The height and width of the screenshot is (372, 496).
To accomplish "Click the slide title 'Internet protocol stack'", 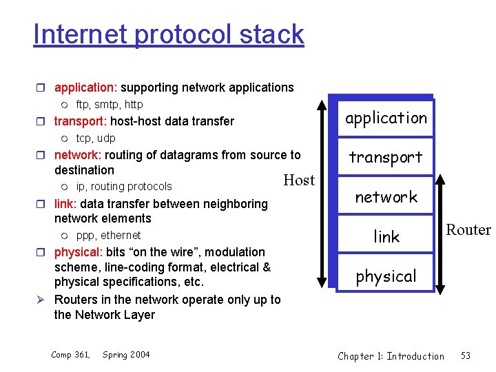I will click(x=168, y=34).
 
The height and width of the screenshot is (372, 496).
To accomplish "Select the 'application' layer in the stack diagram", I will click(x=386, y=118).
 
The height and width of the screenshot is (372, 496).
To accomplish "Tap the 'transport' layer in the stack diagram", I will click(x=386, y=157).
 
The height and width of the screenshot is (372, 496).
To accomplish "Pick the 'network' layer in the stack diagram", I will click(x=386, y=197).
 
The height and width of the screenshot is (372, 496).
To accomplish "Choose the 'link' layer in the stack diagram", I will click(x=386, y=237).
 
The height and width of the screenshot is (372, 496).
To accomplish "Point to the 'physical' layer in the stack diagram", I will click(x=386, y=276).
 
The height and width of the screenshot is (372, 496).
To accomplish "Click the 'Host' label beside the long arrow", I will click(x=299, y=180).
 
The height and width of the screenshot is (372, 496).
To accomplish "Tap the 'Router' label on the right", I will click(x=468, y=229).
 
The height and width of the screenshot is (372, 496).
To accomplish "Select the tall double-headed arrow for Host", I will click(x=322, y=193).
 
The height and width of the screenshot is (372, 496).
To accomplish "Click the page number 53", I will click(x=466, y=355).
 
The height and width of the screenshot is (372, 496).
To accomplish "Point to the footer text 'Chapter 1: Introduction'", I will click(x=391, y=355).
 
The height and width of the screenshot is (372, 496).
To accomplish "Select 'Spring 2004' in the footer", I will click(x=126, y=355).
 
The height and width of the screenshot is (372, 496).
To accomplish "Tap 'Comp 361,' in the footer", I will click(x=71, y=355).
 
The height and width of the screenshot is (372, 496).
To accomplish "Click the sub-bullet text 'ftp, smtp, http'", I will click(x=110, y=105).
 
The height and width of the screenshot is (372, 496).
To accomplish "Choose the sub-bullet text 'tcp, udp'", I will click(x=96, y=138).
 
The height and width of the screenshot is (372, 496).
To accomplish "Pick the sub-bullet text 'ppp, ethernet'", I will click(x=108, y=236).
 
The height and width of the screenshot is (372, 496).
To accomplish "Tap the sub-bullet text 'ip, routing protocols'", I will click(x=124, y=187).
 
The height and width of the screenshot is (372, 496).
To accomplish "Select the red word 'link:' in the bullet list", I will click(x=66, y=204).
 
